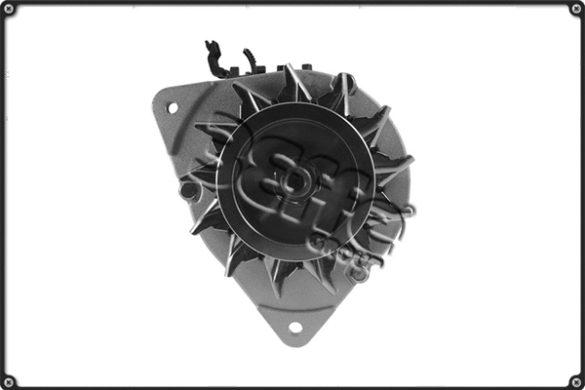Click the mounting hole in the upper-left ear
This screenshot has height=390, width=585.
pyautogui.click(x=173, y=107)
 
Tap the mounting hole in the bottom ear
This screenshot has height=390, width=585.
pyautogui.click(x=294, y=327)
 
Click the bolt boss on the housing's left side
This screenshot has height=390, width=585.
pyautogui.click(x=189, y=191)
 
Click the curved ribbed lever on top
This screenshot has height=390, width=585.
pyautogui.click(x=252, y=60)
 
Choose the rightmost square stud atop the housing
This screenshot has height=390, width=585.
pyautogui.click(x=308, y=68)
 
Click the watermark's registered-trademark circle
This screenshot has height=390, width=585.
pyautogui.click(x=407, y=210)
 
